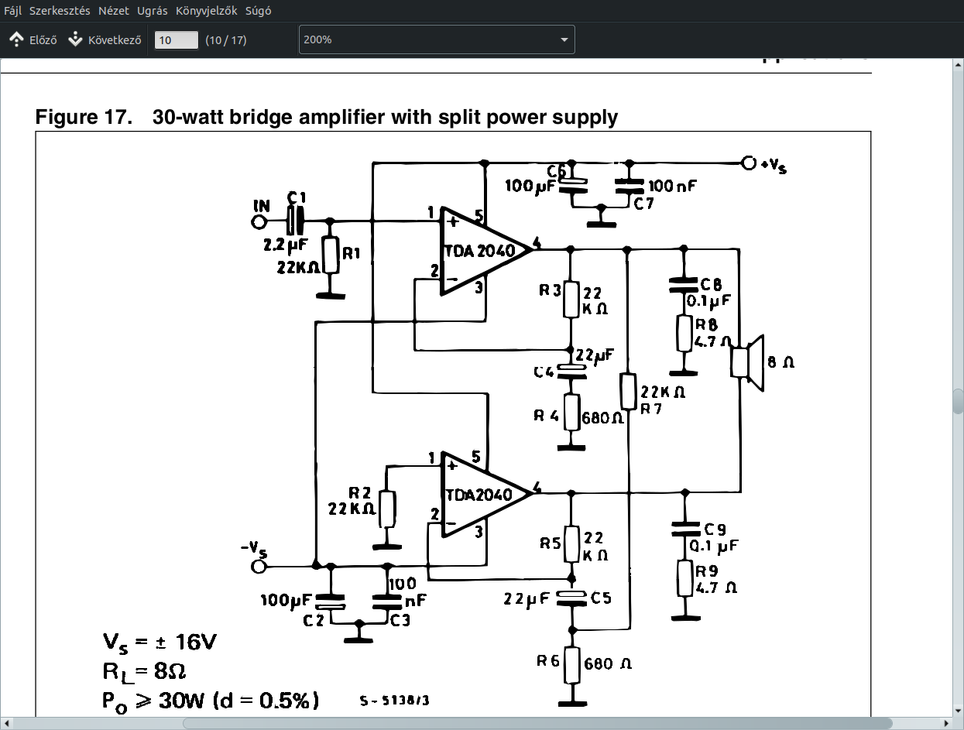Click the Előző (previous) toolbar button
tap(33, 39)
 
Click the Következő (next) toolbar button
tap(105, 39)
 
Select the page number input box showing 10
tap(177, 39)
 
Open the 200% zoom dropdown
tap(437, 39)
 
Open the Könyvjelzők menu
tap(206, 11)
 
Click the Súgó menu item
tap(258, 11)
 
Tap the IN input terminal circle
tap(259, 222)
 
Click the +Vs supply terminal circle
tap(748, 163)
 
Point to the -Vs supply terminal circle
tap(259, 566)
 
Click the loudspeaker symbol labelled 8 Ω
tap(748, 362)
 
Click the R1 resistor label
tap(352, 253)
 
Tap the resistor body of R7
tap(629, 391)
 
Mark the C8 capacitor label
tap(710, 284)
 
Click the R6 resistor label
tap(547, 661)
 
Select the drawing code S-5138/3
tap(394, 701)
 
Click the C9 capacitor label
tap(715, 530)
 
